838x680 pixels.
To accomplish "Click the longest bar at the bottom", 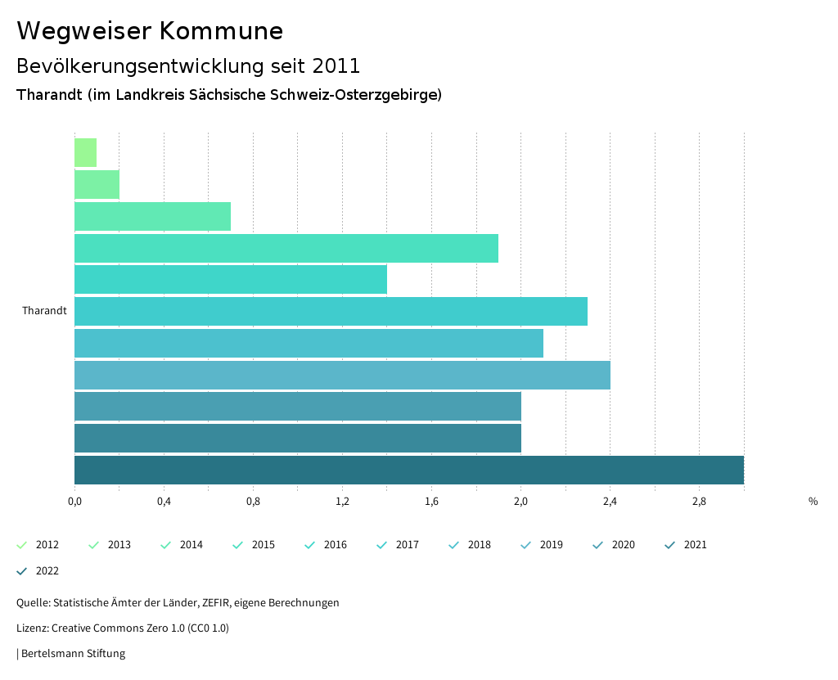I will tap(409, 470).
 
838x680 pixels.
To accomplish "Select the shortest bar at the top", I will tap(85, 153).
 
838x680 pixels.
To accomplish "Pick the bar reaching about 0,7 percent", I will tap(152, 216).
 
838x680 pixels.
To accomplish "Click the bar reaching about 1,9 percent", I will tap(286, 248).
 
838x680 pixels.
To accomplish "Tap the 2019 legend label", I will tap(551, 545).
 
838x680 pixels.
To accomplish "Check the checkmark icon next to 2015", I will tap(238, 545).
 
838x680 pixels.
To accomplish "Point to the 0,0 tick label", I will tap(74, 502).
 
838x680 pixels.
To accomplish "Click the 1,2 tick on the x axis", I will tap(342, 502).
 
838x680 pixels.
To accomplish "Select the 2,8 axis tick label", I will tap(699, 502).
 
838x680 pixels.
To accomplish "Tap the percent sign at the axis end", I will tap(813, 502).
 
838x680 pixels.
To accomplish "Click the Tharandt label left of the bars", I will tap(44, 311).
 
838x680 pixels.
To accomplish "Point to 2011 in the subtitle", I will tap(336, 65).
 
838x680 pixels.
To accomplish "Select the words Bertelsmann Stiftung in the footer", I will tap(73, 654).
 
